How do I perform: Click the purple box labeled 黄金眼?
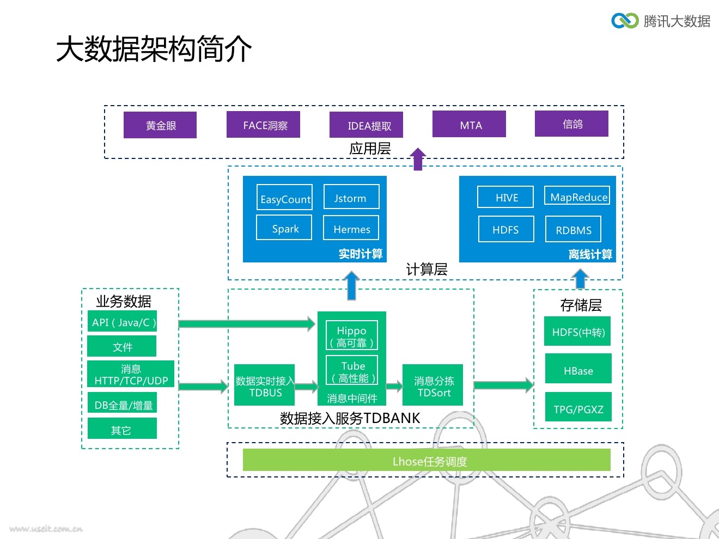coord(160,125)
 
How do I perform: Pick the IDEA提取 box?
coord(366,125)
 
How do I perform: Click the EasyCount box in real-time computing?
coord(284,198)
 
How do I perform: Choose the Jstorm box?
coord(351,197)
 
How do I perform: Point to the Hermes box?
coord(351,229)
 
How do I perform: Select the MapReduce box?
coord(577,196)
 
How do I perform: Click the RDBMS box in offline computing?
coord(573,229)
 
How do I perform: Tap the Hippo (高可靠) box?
coord(351,336)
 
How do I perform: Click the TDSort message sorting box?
coord(433,386)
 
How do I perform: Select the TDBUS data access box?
coord(265,386)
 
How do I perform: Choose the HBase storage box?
coord(578,370)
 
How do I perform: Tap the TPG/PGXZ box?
coord(578,408)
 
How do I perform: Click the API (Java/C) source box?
coord(122,322)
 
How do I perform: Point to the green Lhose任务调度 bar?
coord(426,461)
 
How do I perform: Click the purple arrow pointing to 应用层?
coord(418,159)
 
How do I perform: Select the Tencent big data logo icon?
coord(624,21)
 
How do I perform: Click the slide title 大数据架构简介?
coord(154,49)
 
